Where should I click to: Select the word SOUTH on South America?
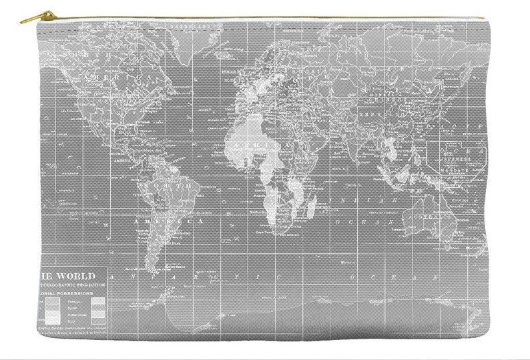[176, 184]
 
